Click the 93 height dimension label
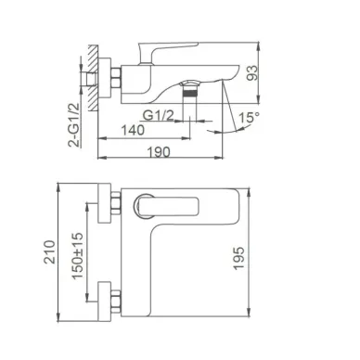coord(252,72)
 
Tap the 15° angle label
coord(249,118)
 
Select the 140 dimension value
coord(133,130)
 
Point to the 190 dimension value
coord(159,152)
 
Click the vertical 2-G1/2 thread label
coord(73,124)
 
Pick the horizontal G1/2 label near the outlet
coord(158,116)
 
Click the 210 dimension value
coord(49,251)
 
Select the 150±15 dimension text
coord(77,255)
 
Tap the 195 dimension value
coord(238,258)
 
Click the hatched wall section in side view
coord(93,78)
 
